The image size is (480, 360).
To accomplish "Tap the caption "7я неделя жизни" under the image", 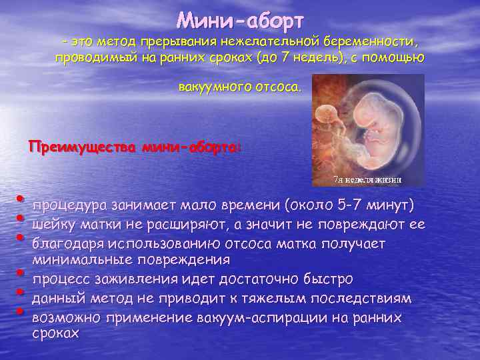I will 367,179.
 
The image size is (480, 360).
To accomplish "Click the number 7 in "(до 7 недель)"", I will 284,57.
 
